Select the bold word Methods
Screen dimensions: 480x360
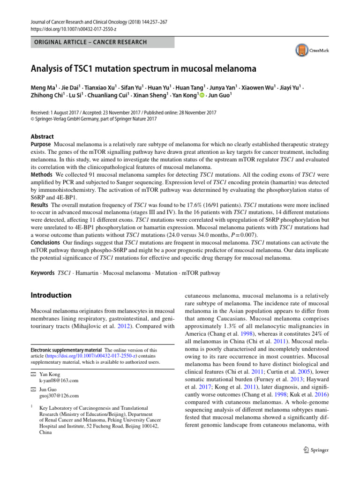click(41, 174)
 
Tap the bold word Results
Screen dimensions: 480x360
click(40, 205)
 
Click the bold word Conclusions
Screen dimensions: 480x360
click(45, 242)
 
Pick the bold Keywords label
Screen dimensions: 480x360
click(42, 273)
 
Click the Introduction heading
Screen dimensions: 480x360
click(51, 295)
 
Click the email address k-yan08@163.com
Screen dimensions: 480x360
click(59, 380)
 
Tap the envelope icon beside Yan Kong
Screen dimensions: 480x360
click(33, 374)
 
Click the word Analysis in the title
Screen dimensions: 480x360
click(49, 69)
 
